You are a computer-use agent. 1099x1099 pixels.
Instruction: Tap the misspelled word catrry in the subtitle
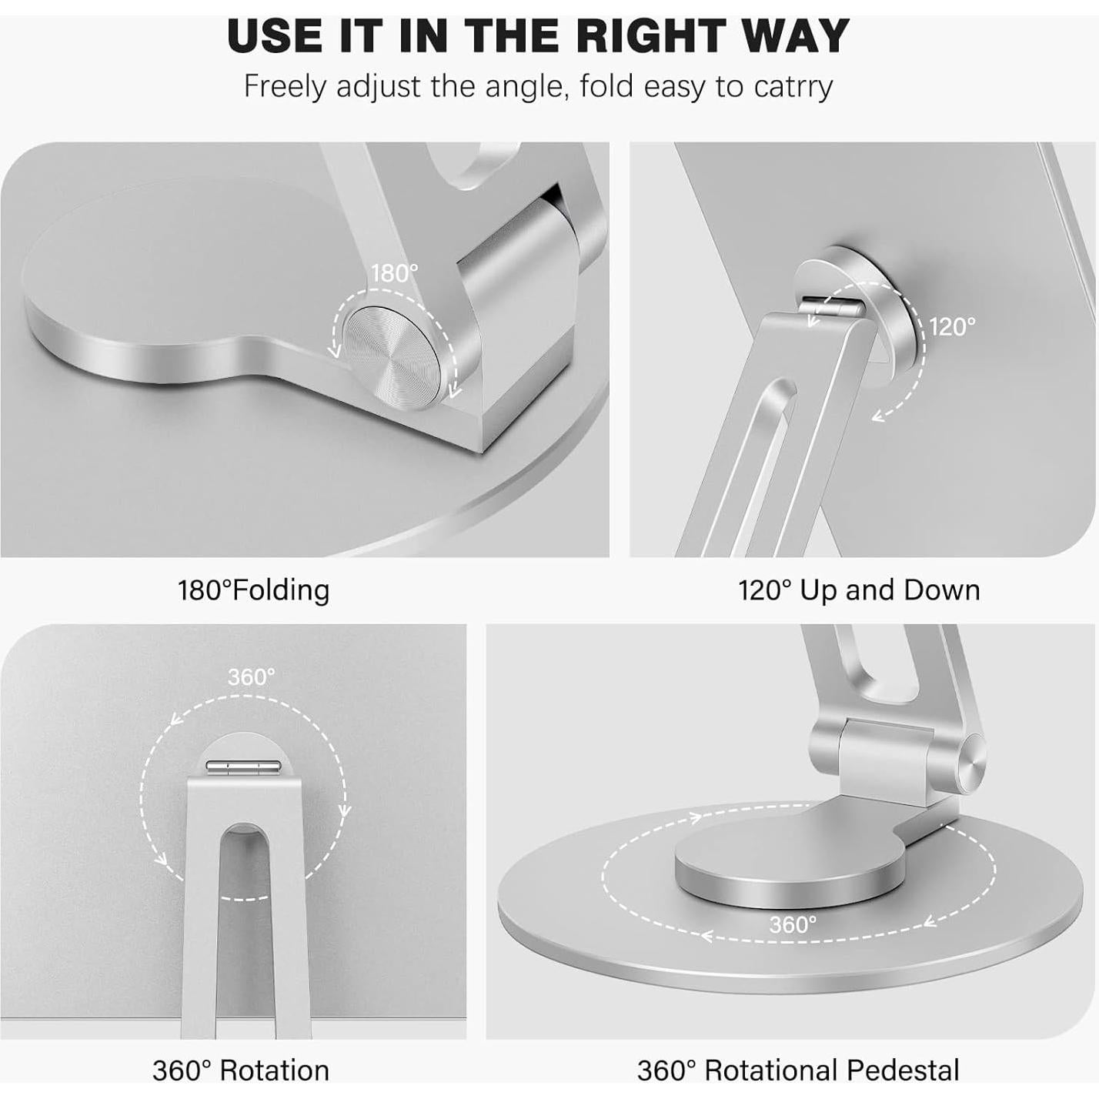click(793, 86)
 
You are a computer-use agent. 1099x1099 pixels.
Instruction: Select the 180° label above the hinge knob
click(394, 273)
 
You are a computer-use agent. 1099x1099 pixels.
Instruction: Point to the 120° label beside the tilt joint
click(952, 327)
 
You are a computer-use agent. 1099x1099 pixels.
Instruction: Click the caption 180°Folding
click(254, 590)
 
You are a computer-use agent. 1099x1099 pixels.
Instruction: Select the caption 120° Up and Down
click(859, 590)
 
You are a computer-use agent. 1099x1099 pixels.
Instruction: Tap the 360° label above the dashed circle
click(251, 677)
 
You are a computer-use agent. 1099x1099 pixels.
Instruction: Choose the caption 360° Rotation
click(241, 1071)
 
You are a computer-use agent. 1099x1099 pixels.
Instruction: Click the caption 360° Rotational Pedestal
click(798, 1071)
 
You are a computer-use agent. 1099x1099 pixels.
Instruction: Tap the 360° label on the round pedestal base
click(793, 924)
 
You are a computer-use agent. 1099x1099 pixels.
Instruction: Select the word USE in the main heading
click(275, 35)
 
